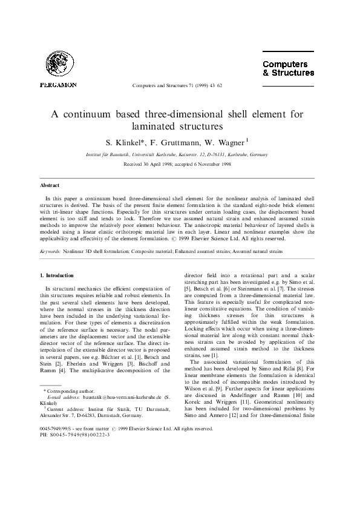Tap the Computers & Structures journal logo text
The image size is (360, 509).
coord(288,68)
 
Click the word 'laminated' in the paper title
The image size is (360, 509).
coord(154,126)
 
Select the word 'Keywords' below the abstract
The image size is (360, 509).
coord(50,250)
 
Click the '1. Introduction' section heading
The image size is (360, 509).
coord(56,275)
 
